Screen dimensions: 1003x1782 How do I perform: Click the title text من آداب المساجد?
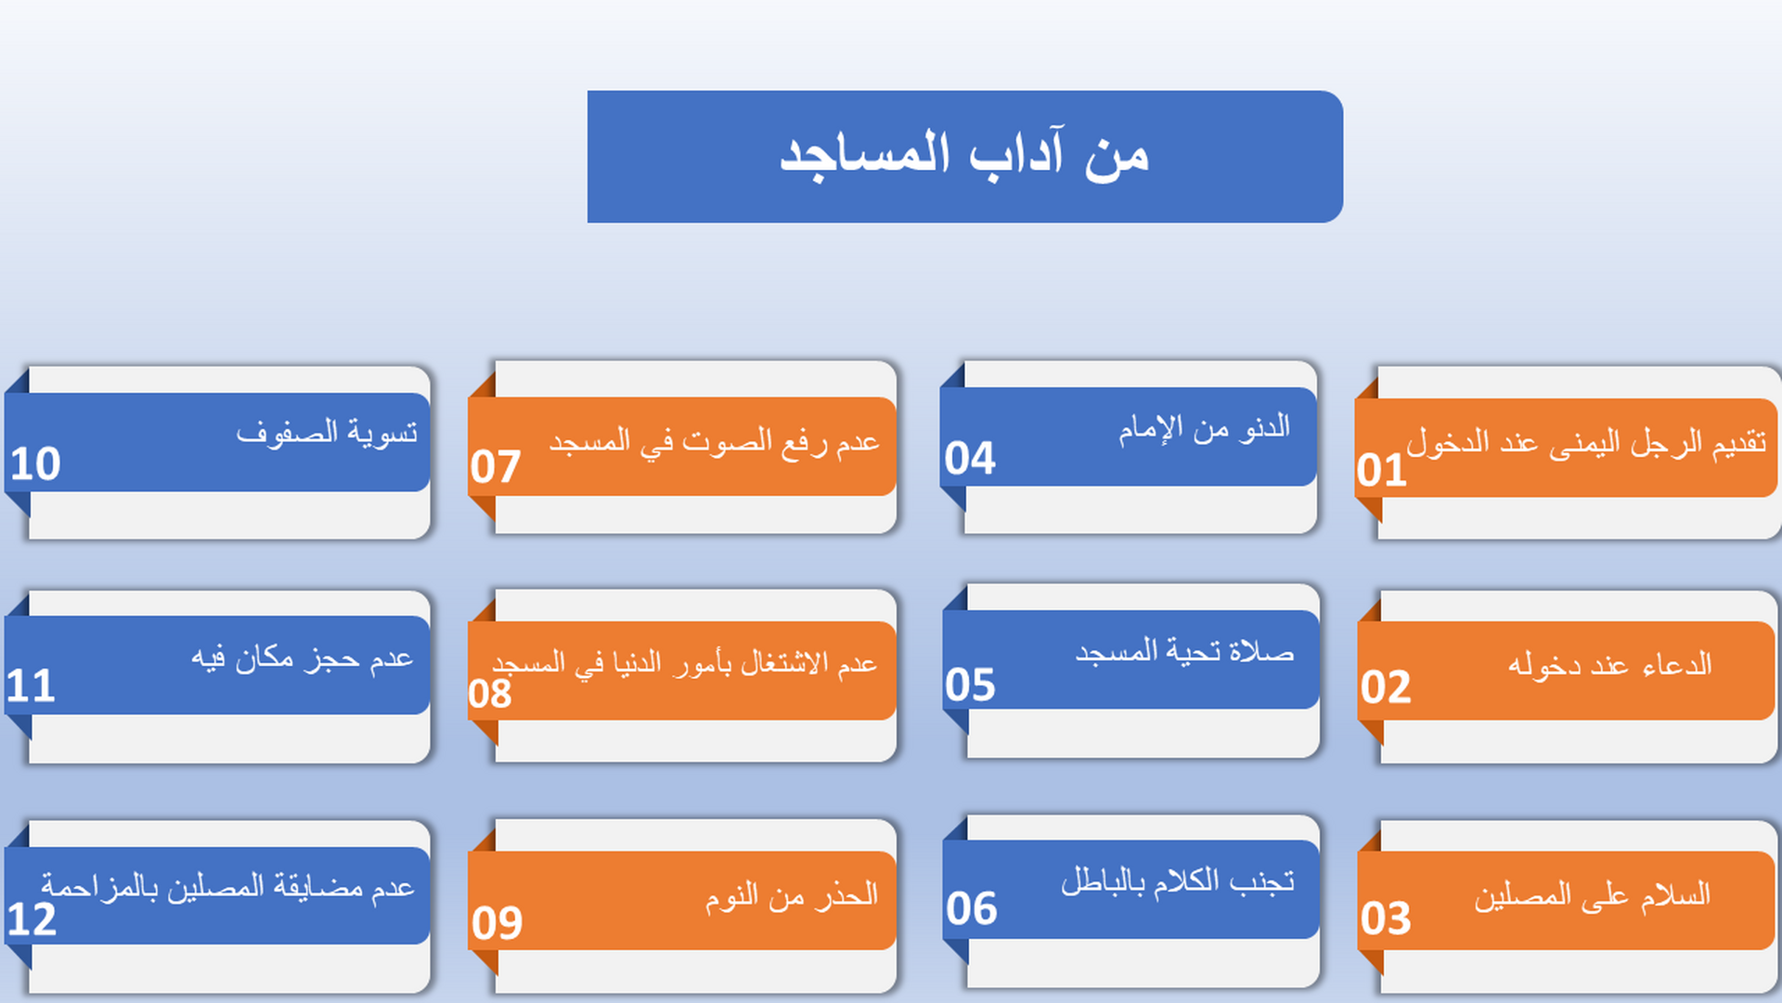tap(964, 155)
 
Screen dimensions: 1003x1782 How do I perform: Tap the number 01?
tap(1381, 470)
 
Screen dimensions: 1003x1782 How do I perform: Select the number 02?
tap(1385, 687)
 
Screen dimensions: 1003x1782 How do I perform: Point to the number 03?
tap(1385, 918)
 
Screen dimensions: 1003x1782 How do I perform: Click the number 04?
tap(969, 458)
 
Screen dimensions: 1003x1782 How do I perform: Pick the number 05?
tap(970, 685)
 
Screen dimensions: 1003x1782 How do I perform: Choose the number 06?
tap(971, 908)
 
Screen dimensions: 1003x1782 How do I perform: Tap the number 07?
tap(495, 466)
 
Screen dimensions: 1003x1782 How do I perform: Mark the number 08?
tap(490, 694)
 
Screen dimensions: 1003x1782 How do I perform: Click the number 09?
tap(497, 922)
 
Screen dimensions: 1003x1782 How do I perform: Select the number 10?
tap(35, 463)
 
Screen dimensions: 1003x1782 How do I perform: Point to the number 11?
tap(31, 686)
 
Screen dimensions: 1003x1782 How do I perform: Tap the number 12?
tap(32, 919)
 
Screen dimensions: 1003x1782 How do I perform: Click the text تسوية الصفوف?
tap(327, 433)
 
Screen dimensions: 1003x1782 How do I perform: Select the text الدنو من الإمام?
tap(1204, 428)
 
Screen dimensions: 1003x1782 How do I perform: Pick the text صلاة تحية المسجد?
tap(1184, 652)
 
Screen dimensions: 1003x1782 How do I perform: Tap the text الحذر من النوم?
tap(791, 895)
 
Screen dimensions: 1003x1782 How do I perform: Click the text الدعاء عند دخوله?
tap(1609, 665)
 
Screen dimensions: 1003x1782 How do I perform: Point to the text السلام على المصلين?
tap(1592, 895)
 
